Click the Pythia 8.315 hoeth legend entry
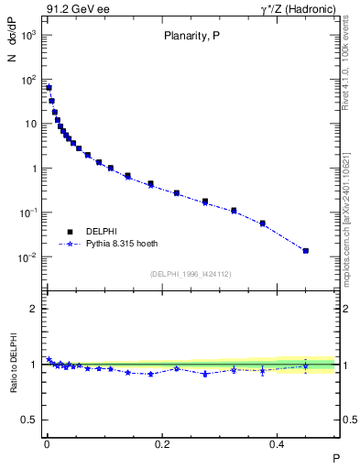point(119,245)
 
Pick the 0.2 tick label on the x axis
point(162,443)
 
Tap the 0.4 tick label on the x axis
point(278,443)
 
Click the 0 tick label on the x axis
point(46,443)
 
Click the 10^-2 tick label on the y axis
point(27,257)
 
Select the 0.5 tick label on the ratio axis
point(30,420)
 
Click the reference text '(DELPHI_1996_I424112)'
point(191,274)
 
